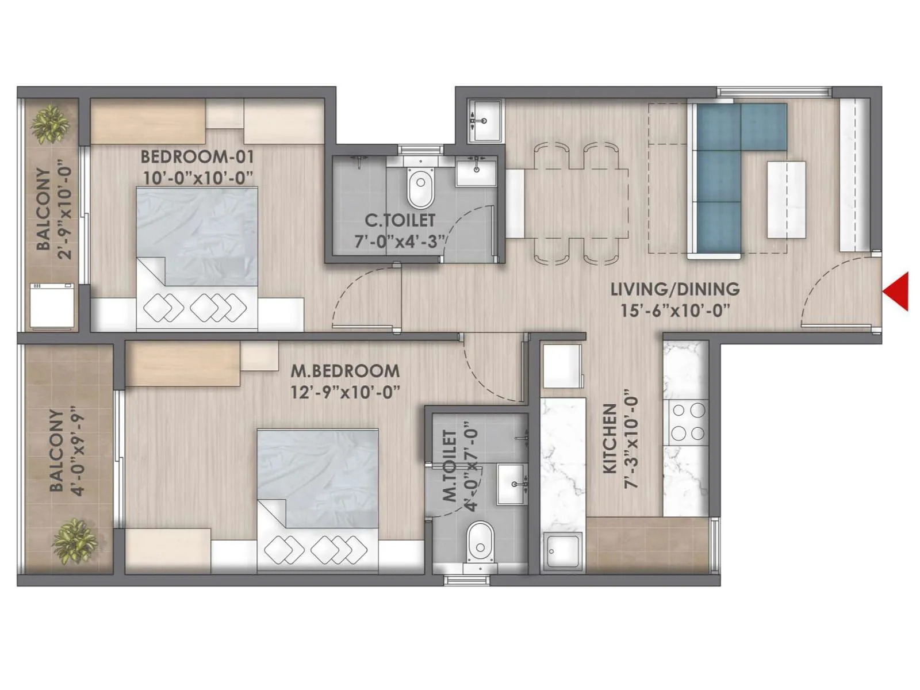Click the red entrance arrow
(x=898, y=292)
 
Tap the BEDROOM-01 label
(x=197, y=156)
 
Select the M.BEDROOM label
(x=344, y=370)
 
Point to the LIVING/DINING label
(x=674, y=289)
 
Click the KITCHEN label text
(x=609, y=438)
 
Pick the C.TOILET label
(x=400, y=220)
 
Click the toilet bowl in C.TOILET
(x=421, y=187)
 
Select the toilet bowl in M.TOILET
(x=480, y=542)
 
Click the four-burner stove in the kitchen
(x=688, y=422)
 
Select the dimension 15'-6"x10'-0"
(x=674, y=310)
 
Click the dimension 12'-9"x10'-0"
(x=344, y=392)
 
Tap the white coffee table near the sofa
(x=786, y=200)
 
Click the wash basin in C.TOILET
(x=476, y=171)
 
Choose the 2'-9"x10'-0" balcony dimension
(x=64, y=213)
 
